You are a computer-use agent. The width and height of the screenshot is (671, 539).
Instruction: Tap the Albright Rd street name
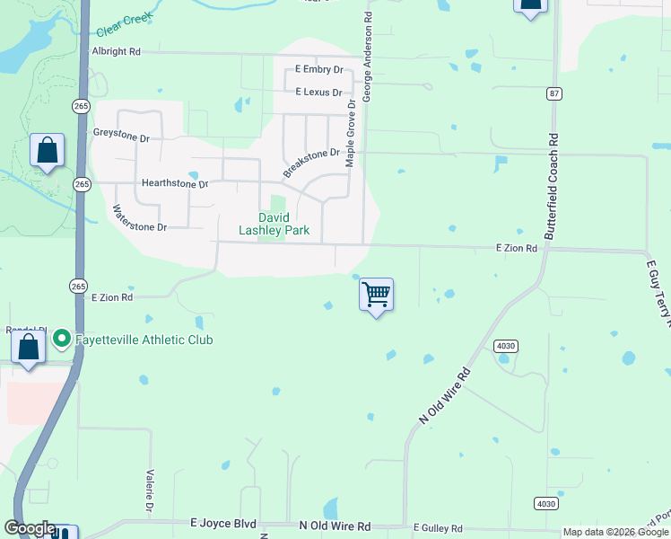(117, 52)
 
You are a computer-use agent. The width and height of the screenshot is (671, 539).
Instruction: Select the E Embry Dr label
(319, 69)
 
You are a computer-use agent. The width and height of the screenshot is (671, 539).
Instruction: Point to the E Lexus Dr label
(318, 92)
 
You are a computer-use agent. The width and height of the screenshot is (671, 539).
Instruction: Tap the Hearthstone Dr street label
(175, 183)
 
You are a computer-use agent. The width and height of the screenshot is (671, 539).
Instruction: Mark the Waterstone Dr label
(138, 220)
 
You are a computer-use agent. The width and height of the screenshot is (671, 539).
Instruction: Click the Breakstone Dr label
(312, 162)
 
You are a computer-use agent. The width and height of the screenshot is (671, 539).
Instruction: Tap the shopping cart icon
(377, 294)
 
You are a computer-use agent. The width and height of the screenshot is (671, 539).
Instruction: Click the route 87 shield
(553, 93)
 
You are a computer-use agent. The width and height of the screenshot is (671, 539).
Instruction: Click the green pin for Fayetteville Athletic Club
(62, 339)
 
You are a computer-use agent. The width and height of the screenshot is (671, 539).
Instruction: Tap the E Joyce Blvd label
(223, 523)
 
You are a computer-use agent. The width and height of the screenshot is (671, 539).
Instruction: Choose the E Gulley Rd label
(438, 528)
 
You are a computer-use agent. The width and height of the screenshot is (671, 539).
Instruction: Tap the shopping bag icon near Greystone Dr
(47, 150)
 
